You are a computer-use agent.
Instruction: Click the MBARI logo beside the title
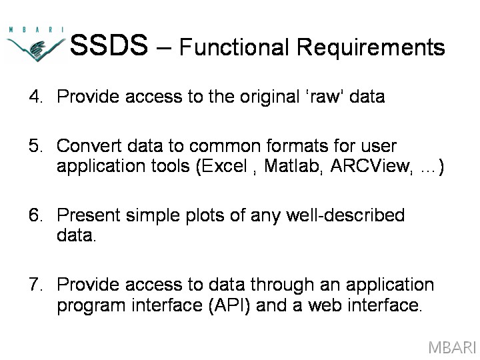(x=36, y=45)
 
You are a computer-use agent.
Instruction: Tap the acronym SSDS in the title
(x=109, y=45)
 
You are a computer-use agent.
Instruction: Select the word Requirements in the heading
(x=371, y=48)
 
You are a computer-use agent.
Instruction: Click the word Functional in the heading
(x=234, y=47)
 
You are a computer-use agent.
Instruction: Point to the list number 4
(x=35, y=97)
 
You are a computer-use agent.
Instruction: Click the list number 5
(x=35, y=146)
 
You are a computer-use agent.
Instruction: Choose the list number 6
(x=35, y=215)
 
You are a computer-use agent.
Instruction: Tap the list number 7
(x=35, y=285)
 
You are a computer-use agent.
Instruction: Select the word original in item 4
(x=269, y=97)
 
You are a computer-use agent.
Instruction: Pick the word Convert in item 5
(x=89, y=146)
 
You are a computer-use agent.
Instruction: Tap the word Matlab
(x=293, y=166)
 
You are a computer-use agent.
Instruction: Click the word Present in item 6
(x=89, y=215)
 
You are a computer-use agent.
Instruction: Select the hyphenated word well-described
(x=345, y=215)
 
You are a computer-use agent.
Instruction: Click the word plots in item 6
(x=205, y=216)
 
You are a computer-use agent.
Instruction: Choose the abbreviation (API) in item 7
(x=229, y=305)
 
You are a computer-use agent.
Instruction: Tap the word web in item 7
(x=325, y=305)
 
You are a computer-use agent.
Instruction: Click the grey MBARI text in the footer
(x=452, y=348)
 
